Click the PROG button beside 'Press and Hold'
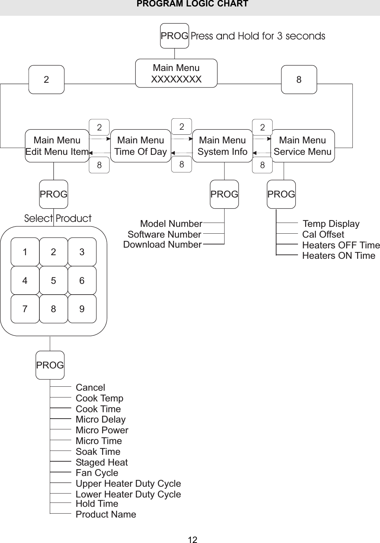(x=174, y=36)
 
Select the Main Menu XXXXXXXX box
(x=176, y=73)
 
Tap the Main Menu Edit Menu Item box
(x=57, y=146)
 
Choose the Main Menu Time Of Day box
(x=140, y=146)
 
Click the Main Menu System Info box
(x=222, y=146)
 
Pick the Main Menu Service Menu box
(x=302, y=146)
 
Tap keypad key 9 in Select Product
(x=82, y=309)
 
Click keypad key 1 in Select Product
(x=25, y=252)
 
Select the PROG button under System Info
(x=224, y=194)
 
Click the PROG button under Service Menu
(x=281, y=194)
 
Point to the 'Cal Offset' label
(x=323, y=234)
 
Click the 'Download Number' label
(x=162, y=245)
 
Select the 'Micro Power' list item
(x=102, y=430)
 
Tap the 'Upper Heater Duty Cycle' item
(x=128, y=484)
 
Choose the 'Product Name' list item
(x=106, y=514)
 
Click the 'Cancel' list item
(x=90, y=387)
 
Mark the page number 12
(x=193, y=540)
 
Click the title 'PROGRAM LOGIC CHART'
(x=192, y=4)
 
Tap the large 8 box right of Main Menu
(x=299, y=80)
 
